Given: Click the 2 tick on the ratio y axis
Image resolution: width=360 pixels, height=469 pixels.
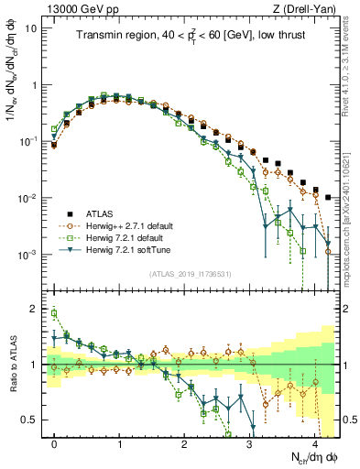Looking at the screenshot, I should (x=35, y=309).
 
